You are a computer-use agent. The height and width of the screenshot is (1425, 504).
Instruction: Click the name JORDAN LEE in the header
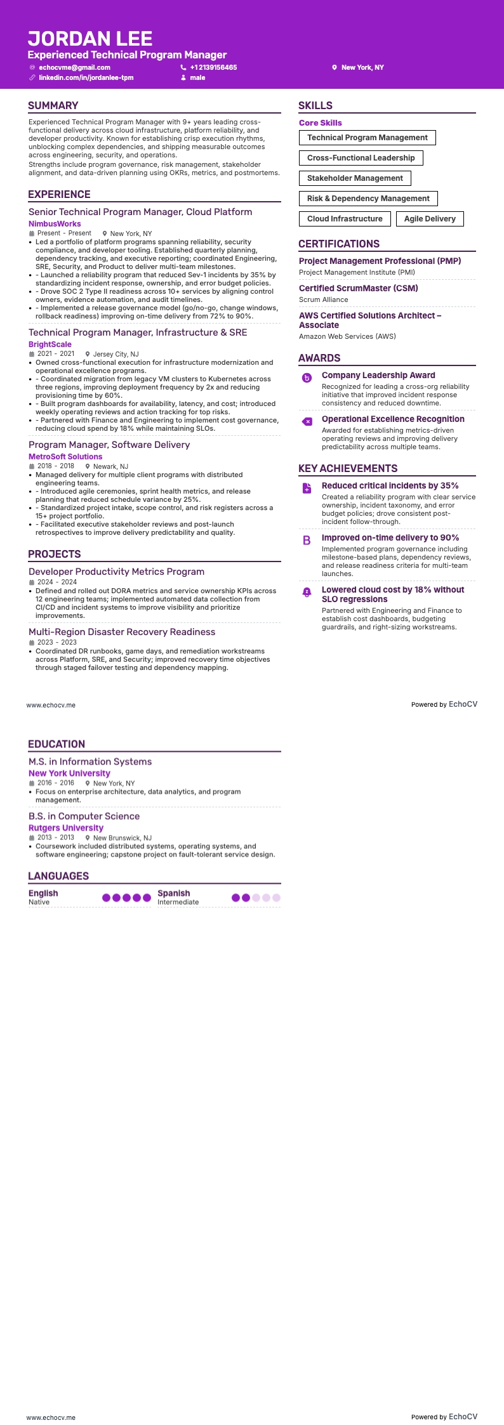[90, 39]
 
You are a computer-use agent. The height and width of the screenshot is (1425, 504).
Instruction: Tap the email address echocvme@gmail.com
[74, 67]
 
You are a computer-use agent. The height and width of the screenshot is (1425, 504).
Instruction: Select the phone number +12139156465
[213, 67]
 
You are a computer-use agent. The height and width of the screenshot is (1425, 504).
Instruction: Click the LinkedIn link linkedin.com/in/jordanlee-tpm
[86, 77]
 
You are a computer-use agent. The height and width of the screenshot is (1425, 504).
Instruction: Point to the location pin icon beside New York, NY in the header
[335, 67]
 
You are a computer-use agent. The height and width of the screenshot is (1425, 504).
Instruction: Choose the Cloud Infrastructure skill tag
[345, 219]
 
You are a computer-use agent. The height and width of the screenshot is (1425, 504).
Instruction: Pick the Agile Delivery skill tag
[430, 219]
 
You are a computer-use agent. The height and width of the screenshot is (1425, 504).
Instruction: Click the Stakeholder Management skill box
[355, 178]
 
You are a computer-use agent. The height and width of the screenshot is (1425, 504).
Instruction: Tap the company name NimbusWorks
[55, 224]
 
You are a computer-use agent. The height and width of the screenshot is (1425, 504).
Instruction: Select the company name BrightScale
[50, 345]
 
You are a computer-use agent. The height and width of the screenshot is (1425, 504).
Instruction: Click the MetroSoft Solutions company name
[65, 457]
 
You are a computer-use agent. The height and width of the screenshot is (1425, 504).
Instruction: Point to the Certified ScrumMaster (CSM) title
[359, 288]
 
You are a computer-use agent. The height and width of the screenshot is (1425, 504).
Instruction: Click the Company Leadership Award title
[378, 375]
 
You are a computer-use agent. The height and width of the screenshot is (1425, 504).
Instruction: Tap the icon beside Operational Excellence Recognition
[307, 422]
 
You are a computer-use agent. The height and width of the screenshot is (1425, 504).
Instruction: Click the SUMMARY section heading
[53, 106]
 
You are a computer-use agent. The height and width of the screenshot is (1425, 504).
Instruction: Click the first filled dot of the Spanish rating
[236, 898]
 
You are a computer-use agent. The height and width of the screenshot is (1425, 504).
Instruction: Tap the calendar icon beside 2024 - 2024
[32, 582]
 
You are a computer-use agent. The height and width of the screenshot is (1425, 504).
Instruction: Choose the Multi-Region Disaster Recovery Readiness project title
[122, 632]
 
